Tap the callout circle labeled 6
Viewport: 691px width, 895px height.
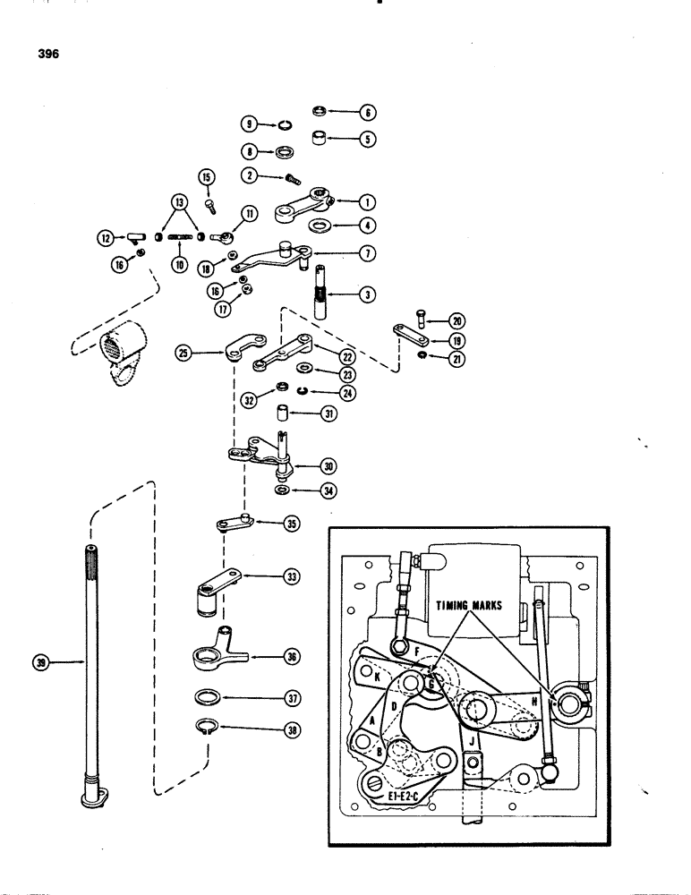pyautogui.click(x=368, y=112)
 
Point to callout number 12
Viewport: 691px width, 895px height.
pyautogui.click(x=108, y=238)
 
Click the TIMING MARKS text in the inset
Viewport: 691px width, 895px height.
pyautogui.click(x=469, y=605)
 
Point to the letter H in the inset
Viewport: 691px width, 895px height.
pyautogui.click(x=533, y=702)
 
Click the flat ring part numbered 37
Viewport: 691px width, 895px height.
pyautogui.click(x=209, y=697)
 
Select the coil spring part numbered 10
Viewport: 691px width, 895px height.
pyautogui.click(x=181, y=237)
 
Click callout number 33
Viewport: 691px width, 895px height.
pyautogui.click(x=290, y=577)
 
